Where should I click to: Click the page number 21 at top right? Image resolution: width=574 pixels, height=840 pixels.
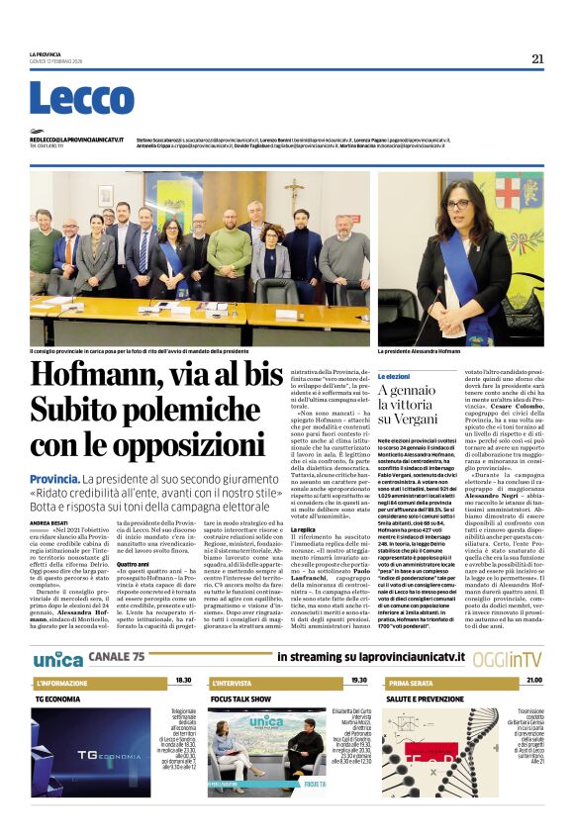[x=537, y=58]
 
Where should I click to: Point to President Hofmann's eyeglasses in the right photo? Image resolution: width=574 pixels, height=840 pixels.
[x=457, y=204]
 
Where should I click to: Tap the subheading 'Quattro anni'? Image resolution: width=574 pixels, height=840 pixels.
[x=133, y=565]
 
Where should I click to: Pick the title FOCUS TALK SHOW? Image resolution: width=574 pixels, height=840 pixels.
[x=241, y=698]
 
